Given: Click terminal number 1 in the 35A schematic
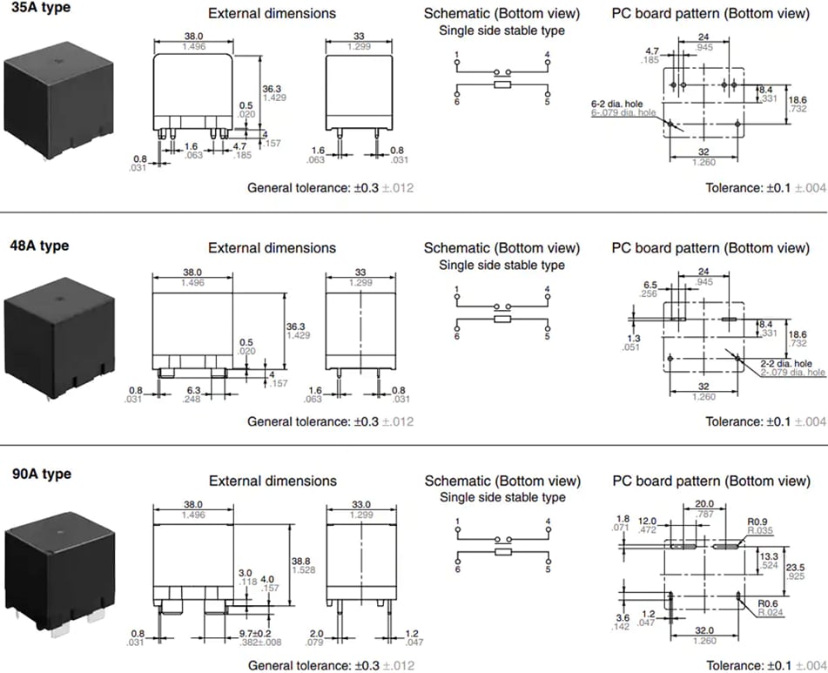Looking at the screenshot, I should click(457, 55).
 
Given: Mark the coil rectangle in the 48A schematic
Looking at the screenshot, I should click(502, 320).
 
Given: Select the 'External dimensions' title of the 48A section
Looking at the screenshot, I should click(272, 248).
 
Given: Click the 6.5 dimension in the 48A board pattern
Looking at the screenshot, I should click(650, 285).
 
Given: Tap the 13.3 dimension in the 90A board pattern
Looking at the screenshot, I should click(768, 555).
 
